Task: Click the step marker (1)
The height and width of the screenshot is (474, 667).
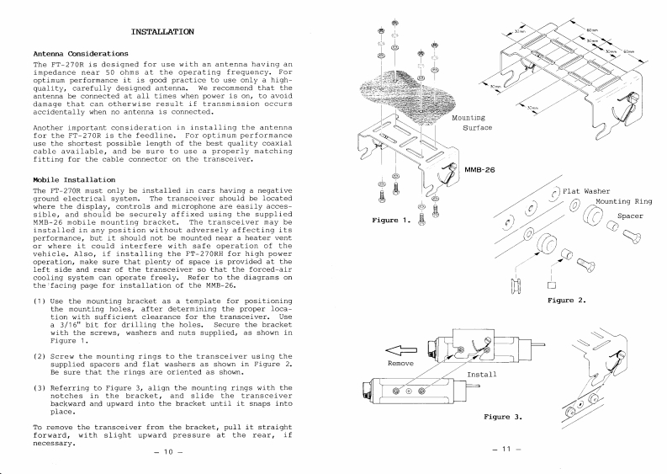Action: click(x=40, y=301)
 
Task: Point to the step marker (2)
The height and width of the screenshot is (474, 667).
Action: click(x=40, y=356)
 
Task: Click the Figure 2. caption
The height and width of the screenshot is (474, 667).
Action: click(x=567, y=299)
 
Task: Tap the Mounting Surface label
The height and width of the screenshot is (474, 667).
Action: click(x=471, y=123)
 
